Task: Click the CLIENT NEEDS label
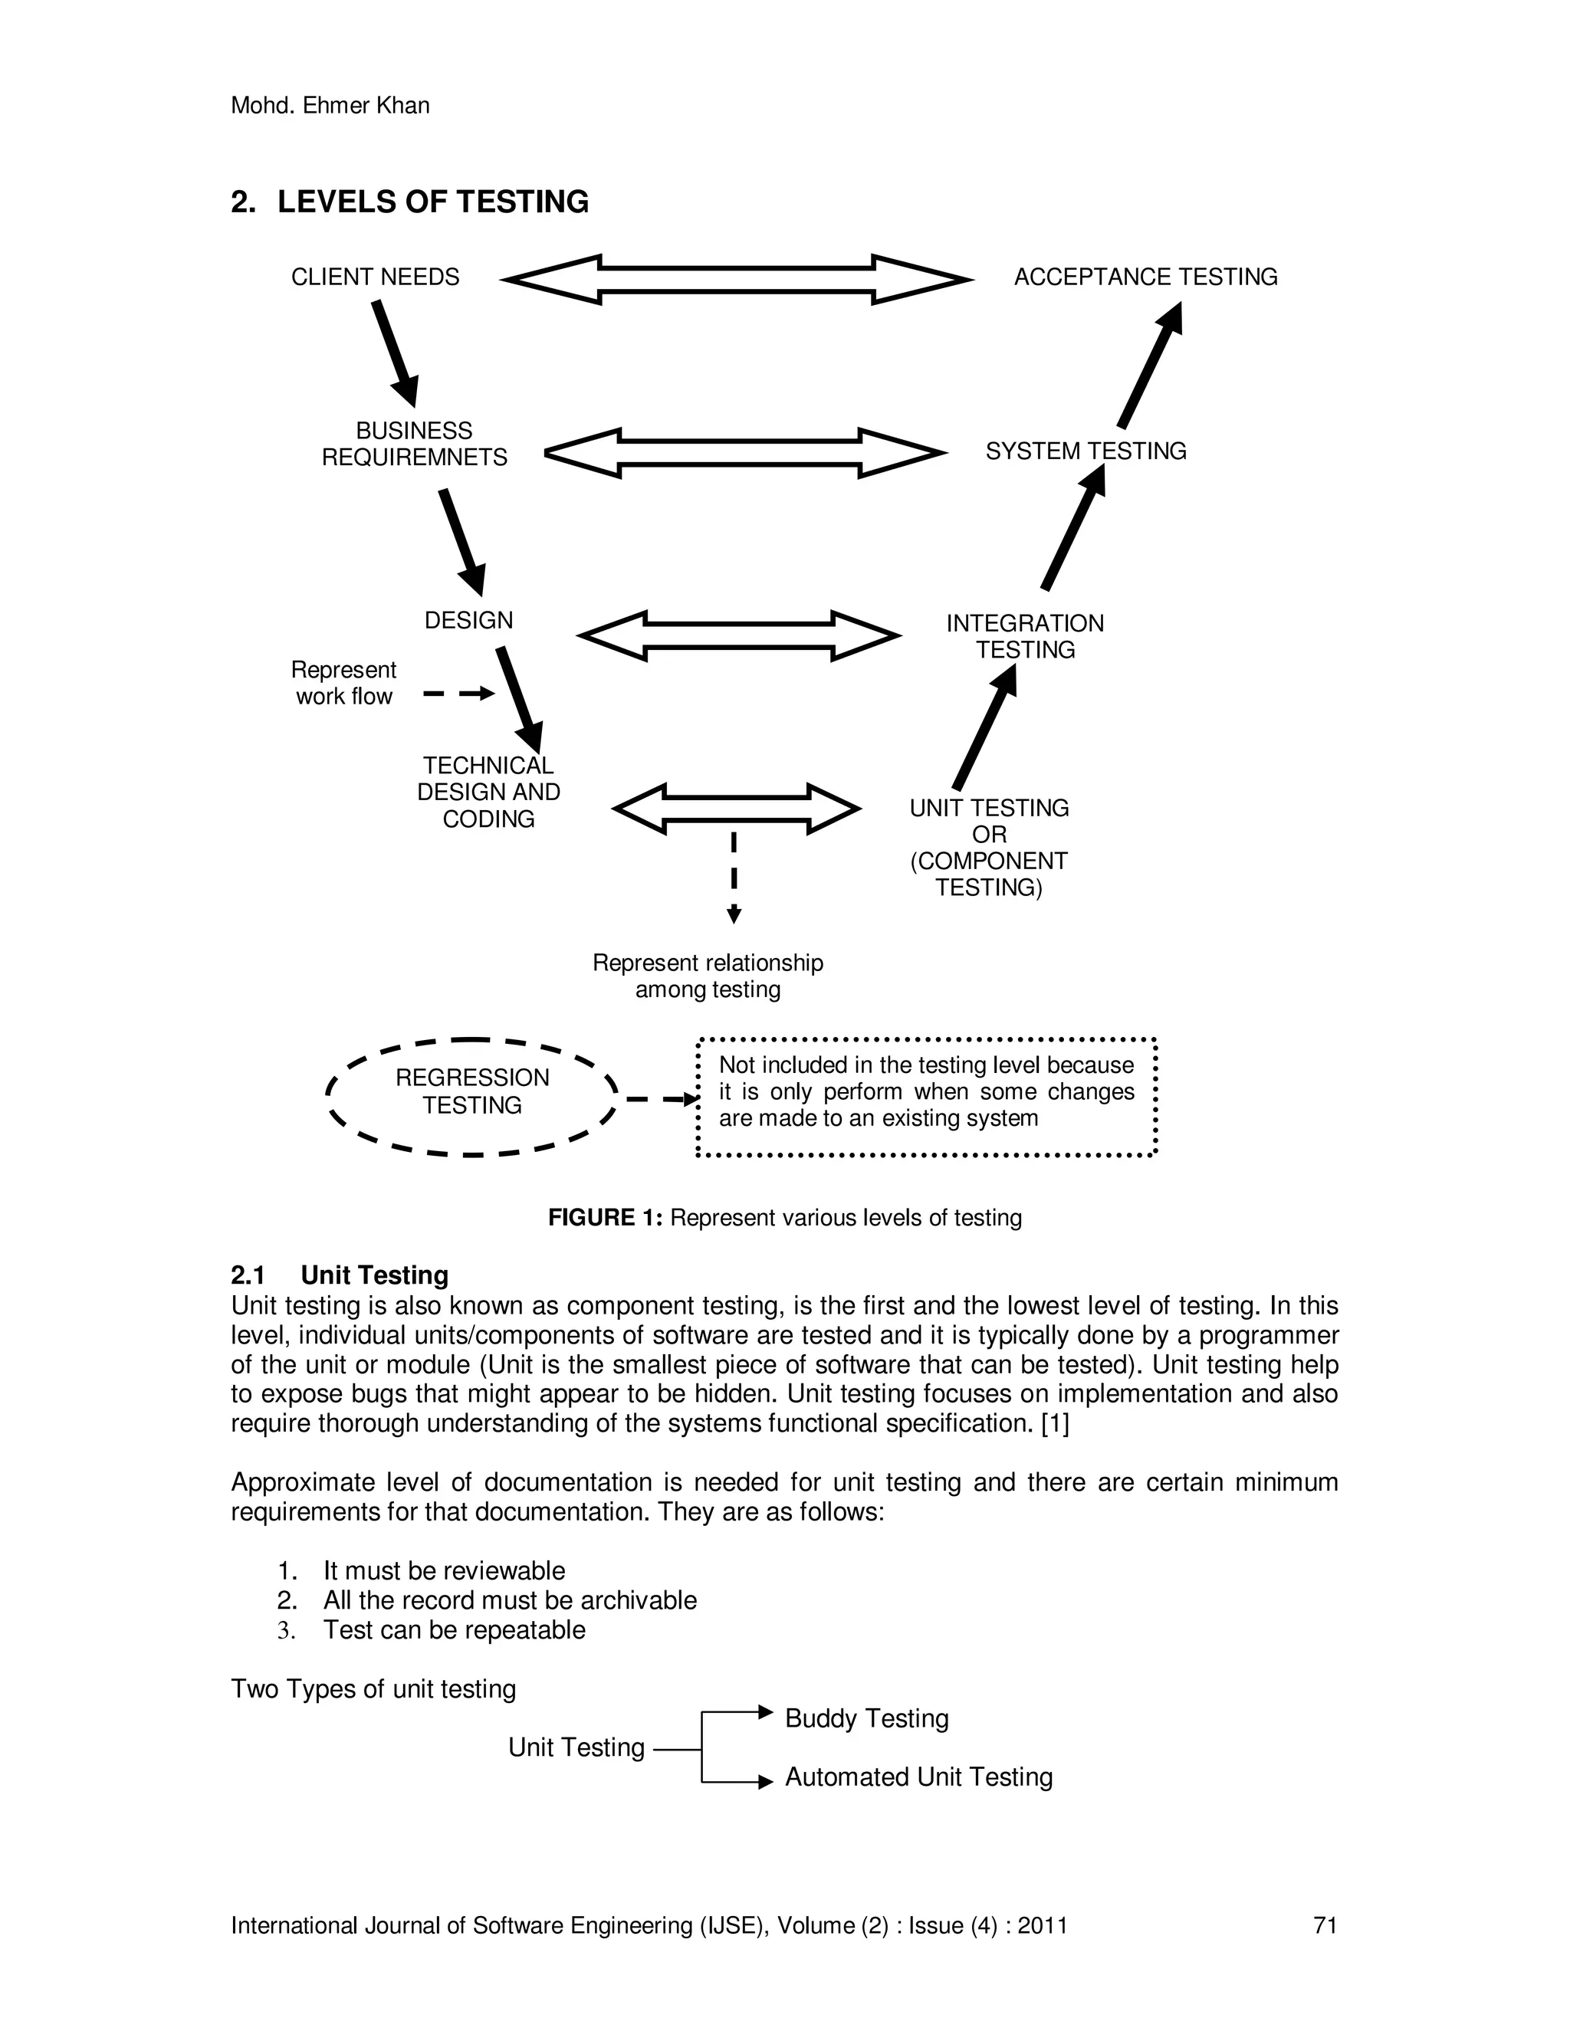pyautogui.click(x=375, y=277)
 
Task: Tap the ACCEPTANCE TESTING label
pyautogui.click(x=1145, y=277)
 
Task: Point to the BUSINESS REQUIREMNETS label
pyautogui.click(x=414, y=445)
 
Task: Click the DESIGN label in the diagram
pyautogui.click(x=468, y=620)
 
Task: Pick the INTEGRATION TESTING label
pyautogui.click(x=1025, y=636)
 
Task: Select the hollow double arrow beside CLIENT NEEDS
pyautogui.click(x=737, y=279)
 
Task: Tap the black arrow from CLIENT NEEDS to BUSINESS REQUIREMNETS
pyautogui.click(x=396, y=353)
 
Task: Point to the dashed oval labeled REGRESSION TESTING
pyautogui.click(x=471, y=1097)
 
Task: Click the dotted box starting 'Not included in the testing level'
pyautogui.click(x=926, y=1097)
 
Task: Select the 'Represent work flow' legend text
pyautogui.click(x=343, y=684)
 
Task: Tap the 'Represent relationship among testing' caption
pyautogui.click(x=708, y=976)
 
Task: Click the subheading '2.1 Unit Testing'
pyautogui.click(x=340, y=1275)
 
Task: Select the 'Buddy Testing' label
pyautogui.click(x=866, y=1718)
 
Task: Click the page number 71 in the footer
pyautogui.click(x=1325, y=1925)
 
